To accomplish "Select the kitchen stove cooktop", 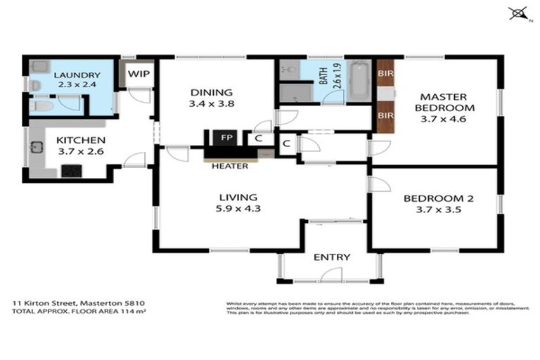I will pos(71,170).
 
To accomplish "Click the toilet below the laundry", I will pos(41,106).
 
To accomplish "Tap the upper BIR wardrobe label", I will pos(385,73).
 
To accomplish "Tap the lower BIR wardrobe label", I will pos(385,115).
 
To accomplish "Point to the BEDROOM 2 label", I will pos(438,198).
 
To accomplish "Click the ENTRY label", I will pos(331,257).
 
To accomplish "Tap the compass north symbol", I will pos(518,13).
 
